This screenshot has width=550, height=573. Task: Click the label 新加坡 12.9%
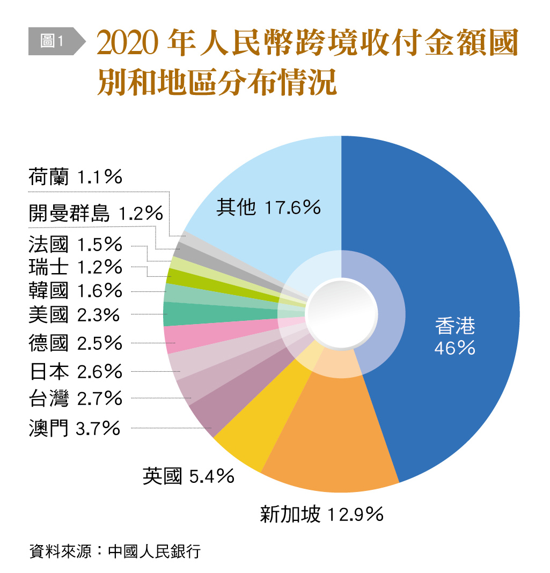pyautogui.click(x=321, y=515)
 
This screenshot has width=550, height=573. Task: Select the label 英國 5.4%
pyautogui.click(x=188, y=475)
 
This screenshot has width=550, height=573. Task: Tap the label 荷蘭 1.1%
pyautogui.click(x=76, y=177)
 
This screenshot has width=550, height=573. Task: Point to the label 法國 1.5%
pyautogui.click(x=76, y=245)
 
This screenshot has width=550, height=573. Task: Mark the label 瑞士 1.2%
pyautogui.click(x=76, y=267)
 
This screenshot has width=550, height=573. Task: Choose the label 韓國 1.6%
pyautogui.click(x=76, y=291)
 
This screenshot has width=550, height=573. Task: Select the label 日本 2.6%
pyautogui.click(x=76, y=371)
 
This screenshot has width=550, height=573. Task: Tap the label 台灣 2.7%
pyautogui.click(x=76, y=399)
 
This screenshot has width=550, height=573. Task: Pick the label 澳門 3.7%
pyautogui.click(x=74, y=428)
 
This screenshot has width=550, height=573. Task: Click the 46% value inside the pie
pyautogui.click(x=455, y=349)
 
